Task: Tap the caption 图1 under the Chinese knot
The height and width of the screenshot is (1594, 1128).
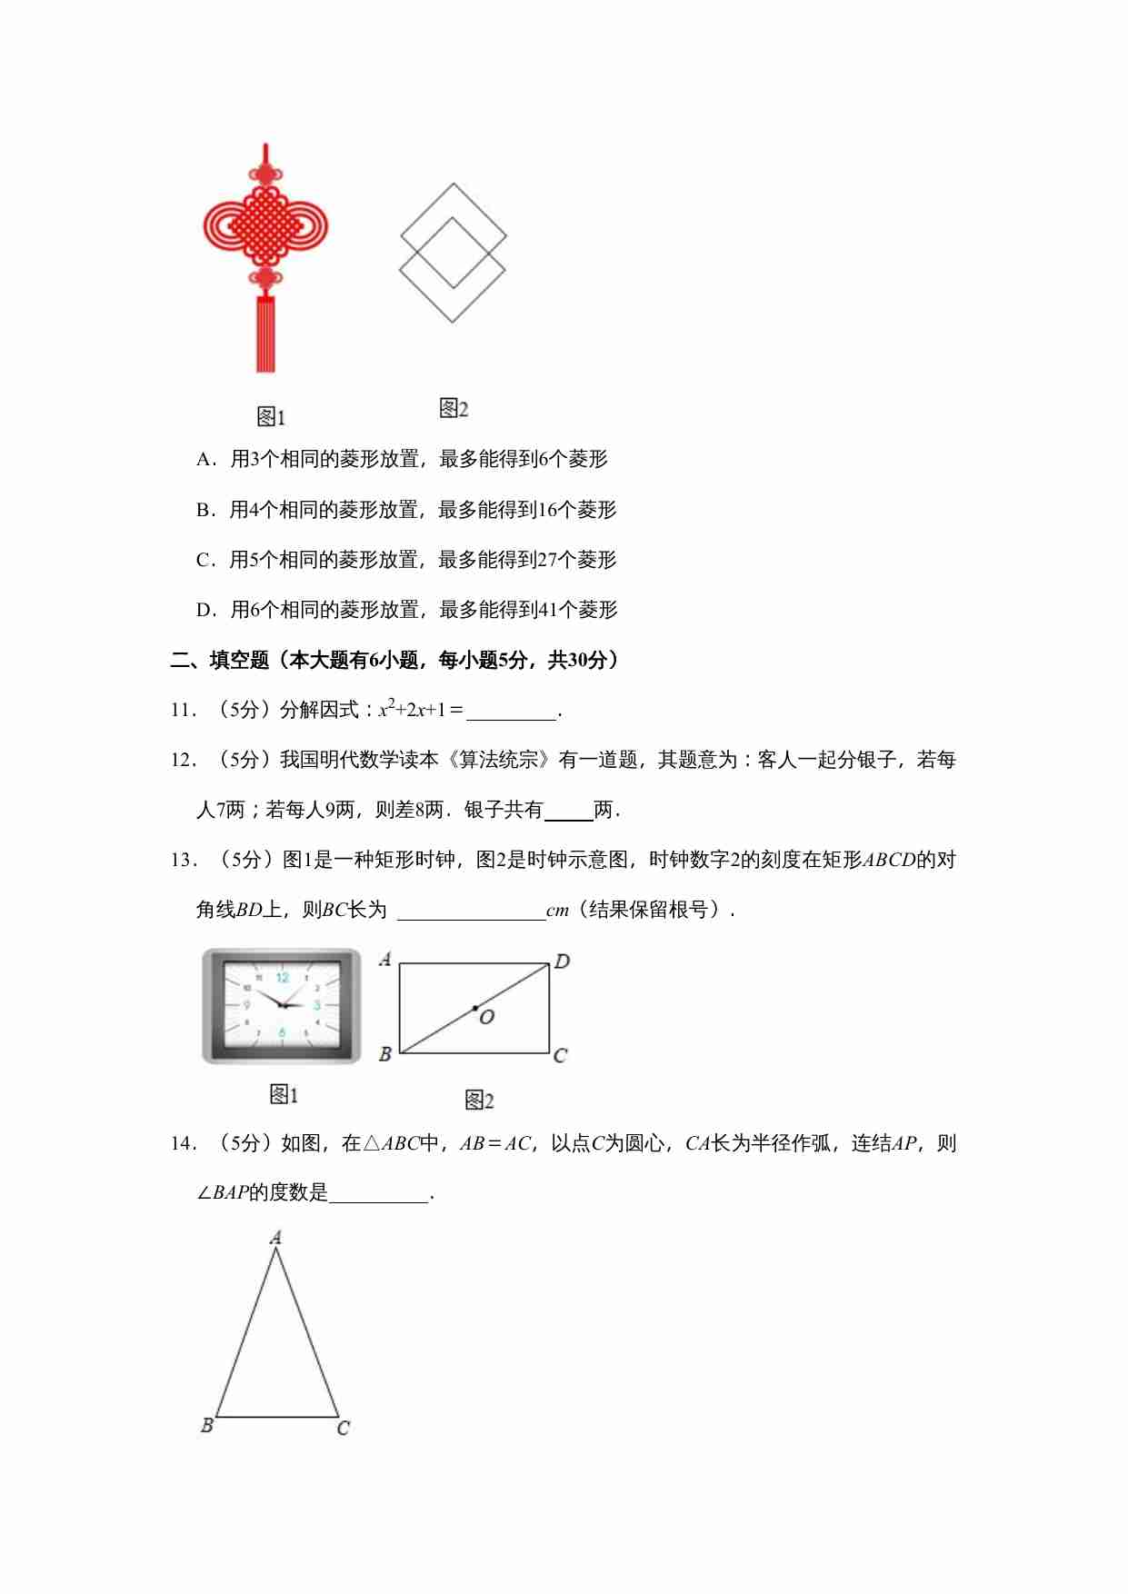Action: click(x=271, y=417)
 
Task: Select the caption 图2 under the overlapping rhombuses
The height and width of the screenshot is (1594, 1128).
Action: click(x=454, y=409)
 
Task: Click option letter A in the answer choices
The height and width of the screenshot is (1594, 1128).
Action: click(x=204, y=460)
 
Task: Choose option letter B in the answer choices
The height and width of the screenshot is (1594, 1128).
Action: click(x=204, y=510)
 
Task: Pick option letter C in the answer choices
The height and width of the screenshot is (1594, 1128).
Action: click(x=204, y=560)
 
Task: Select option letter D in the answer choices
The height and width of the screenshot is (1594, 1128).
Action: click(x=204, y=610)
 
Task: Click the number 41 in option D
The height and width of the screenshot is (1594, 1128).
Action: click(x=548, y=610)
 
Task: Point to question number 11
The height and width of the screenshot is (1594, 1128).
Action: click(x=183, y=711)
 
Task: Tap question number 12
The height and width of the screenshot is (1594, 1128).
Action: click(x=183, y=761)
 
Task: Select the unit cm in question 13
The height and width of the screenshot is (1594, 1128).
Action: click(x=557, y=911)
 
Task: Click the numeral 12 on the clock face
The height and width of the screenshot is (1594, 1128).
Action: click(x=283, y=978)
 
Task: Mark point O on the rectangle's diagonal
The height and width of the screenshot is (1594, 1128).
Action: click(x=475, y=1009)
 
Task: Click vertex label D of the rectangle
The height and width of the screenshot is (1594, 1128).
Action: click(x=562, y=961)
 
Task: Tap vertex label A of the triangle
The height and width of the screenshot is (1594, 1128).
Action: click(x=276, y=1237)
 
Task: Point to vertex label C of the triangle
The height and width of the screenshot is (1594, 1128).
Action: click(x=343, y=1428)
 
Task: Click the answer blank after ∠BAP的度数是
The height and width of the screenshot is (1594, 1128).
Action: click(x=378, y=1194)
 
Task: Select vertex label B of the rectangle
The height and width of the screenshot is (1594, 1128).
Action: click(x=385, y=1054)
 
